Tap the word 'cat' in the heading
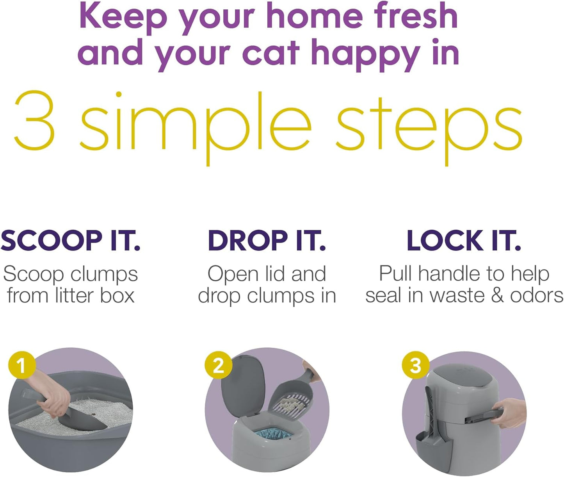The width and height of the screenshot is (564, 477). coord(271,52)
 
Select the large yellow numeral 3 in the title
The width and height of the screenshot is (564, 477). coord(34,120)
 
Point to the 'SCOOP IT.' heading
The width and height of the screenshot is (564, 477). coord(71,240)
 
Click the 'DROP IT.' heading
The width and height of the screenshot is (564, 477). coord(267,240)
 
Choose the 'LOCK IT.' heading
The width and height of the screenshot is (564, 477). coord(464,240)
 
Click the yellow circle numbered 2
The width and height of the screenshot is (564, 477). coord(218,366)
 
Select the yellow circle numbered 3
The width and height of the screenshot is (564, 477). coord(416,365)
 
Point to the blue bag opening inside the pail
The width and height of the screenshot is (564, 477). coord(273,432)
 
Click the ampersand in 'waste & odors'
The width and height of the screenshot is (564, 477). coord(497,296)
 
